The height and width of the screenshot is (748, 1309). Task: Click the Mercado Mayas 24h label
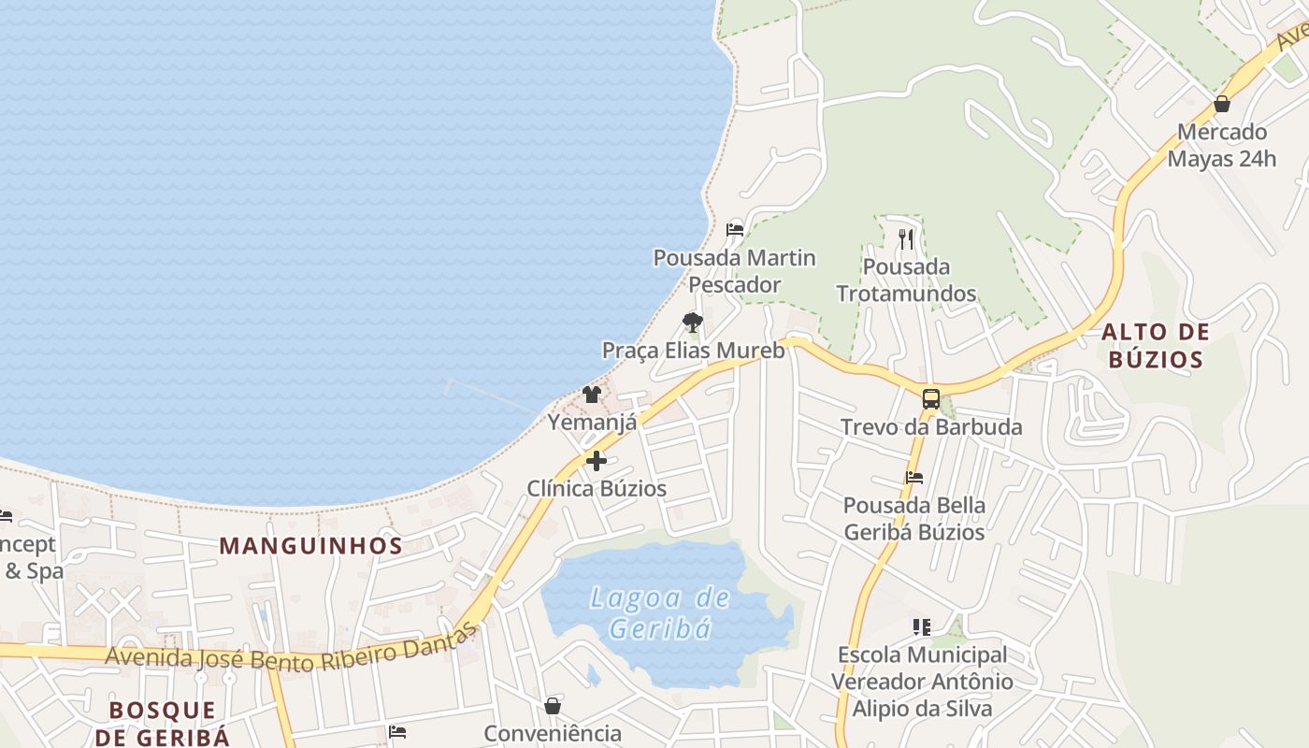[1221, 145]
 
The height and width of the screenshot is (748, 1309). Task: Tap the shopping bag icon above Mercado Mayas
[1221, 104]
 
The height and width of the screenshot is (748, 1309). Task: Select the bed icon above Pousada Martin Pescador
[735, 229]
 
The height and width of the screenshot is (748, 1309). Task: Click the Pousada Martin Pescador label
[734, 270]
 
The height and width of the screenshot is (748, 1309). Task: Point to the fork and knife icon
[905, 238]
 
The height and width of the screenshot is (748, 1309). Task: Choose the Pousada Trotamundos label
[906, 280]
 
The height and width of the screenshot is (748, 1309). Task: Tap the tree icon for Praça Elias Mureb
[692, 323]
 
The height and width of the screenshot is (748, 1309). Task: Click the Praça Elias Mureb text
[693, 351]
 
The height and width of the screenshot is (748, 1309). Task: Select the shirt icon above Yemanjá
[591, 395]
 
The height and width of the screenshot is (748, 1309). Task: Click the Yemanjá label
[592, 423]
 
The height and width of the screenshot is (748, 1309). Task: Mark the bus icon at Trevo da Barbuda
[930, 399]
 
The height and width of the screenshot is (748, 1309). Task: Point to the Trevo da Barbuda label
[931, 427]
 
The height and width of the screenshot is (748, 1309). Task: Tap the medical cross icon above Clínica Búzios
[597, 461]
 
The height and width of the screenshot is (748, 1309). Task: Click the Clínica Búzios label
[597, 488]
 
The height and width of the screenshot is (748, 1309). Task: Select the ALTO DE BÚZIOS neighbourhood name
[1155, 345]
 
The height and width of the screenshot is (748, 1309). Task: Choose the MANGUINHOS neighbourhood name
[310, 546]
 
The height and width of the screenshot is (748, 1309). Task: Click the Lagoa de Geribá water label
[660, 612]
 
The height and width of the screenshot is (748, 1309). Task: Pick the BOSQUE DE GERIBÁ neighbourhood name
[168, 723]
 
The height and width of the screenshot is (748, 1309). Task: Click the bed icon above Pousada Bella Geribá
[913, 478]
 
